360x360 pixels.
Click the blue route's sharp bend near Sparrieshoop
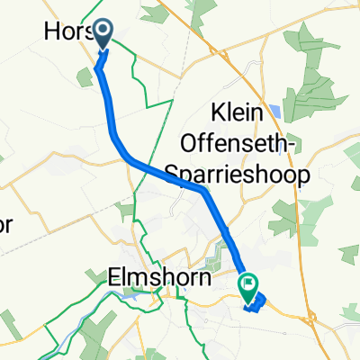[x=205, y=190]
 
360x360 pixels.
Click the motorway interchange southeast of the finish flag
[x=310, y=314]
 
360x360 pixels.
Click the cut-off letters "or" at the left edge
[x=7, y=225]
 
